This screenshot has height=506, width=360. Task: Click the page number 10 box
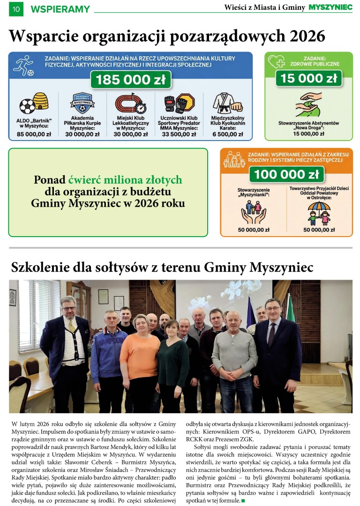point(16,8)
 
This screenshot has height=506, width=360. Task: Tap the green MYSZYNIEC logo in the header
point(330,7)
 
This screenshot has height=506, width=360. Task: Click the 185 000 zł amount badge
point(130,80)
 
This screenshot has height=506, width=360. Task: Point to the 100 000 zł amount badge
point(286,174)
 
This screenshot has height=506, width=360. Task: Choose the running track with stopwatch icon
point(131,104)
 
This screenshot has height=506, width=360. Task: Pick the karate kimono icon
point(226,103)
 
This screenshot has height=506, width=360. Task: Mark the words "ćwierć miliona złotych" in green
point(125,180)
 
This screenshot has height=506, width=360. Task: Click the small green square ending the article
point(243,501)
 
